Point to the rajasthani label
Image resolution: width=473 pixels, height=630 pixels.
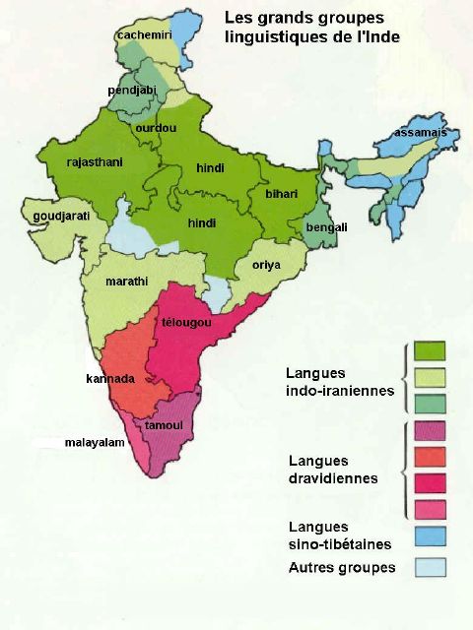(x=96, y=162)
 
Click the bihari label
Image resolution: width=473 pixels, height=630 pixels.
(x=281, y=195)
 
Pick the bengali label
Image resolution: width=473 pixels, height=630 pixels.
(x=326, y=227)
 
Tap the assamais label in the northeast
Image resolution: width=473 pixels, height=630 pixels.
(x=420, y=132)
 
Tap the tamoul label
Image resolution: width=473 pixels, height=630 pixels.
(x=163, y=426)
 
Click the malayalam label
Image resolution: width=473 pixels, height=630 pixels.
(x=95, y=443)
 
